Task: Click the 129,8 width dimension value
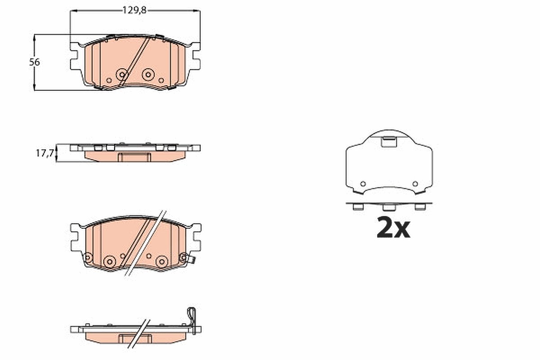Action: point(135,10)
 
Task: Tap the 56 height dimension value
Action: point(35,62)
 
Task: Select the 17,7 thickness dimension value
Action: point(45,153)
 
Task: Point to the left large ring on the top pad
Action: point(122,75)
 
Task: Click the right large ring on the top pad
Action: point(148,75)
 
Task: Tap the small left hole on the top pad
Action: point(109,80)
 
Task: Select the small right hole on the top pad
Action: point(161,80)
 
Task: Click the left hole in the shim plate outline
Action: point(363,184)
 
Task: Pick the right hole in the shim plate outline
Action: point(415,184)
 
